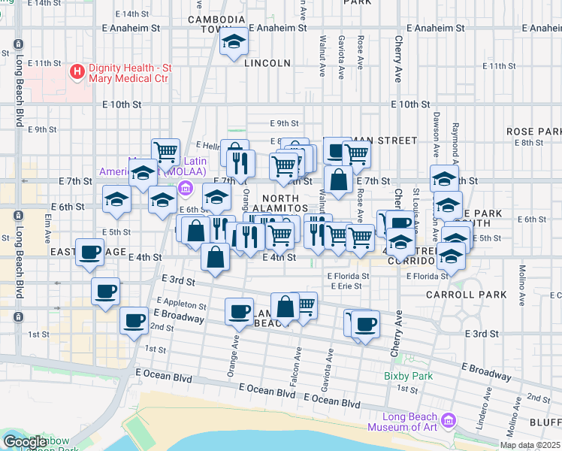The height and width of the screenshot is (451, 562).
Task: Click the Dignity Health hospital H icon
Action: [77, 72]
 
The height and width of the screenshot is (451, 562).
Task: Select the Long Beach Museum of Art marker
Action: [449, 419]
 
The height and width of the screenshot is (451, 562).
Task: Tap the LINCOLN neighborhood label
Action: [267, 63]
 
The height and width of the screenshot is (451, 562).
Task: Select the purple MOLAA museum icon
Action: [185, 186]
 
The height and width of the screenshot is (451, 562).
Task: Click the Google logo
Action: [24, 441]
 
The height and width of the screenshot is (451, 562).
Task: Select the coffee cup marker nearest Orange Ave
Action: [240, 310]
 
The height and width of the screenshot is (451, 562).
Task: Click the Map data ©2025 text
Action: [530, 445]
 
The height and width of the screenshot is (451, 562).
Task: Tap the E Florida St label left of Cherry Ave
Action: [348, 276]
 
